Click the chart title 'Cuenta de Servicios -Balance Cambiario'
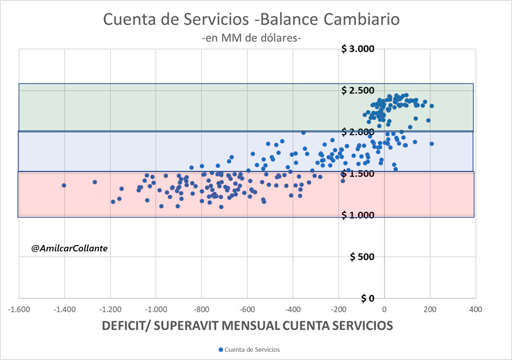pyautogui.click(x=252, y=19)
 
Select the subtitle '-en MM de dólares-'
pyautogui.click(x=251, y=38)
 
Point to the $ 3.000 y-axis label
pyautogui.click(x=359, y=49)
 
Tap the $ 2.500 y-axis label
pyautogui.click(x=359, y=91)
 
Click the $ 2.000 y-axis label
pyautogui.click(x=359, y=132)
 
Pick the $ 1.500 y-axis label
pyautogui.click(x=359, y=174)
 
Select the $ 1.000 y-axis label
pyautogui.click(x=359, y=215)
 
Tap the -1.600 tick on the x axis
pyautogui.click(x=19, y=309)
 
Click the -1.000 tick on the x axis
pyautogui.click(x=156, y=309)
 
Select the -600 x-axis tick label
pyautogui.click(x=247, y=309)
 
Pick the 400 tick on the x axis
pyautogui.click(x=475, y=309)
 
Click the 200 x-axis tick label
pyautogui.click(x=430, y=309)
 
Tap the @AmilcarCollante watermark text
pyautogui.click(x=70, y=248)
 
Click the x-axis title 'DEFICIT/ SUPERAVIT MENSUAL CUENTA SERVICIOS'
pyautogui.click(x=247, y=326)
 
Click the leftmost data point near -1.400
pyautogui.click(x=64, y=185)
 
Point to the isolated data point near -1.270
pyautogui.click(x=95, y=182)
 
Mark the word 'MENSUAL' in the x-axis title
pyautogui.click(x=260, y=326)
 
